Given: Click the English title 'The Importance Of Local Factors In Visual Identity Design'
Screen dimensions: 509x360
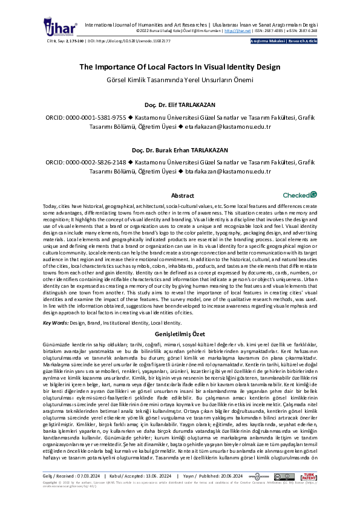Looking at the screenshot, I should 180,68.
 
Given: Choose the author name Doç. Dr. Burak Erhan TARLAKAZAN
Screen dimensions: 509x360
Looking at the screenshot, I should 180,150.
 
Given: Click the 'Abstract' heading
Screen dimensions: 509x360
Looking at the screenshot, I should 183,196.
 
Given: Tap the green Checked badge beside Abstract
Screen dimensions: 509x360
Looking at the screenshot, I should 299,195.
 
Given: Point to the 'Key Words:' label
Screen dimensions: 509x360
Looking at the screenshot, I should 56,323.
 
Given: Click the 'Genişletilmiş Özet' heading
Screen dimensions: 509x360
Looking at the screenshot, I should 180,334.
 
